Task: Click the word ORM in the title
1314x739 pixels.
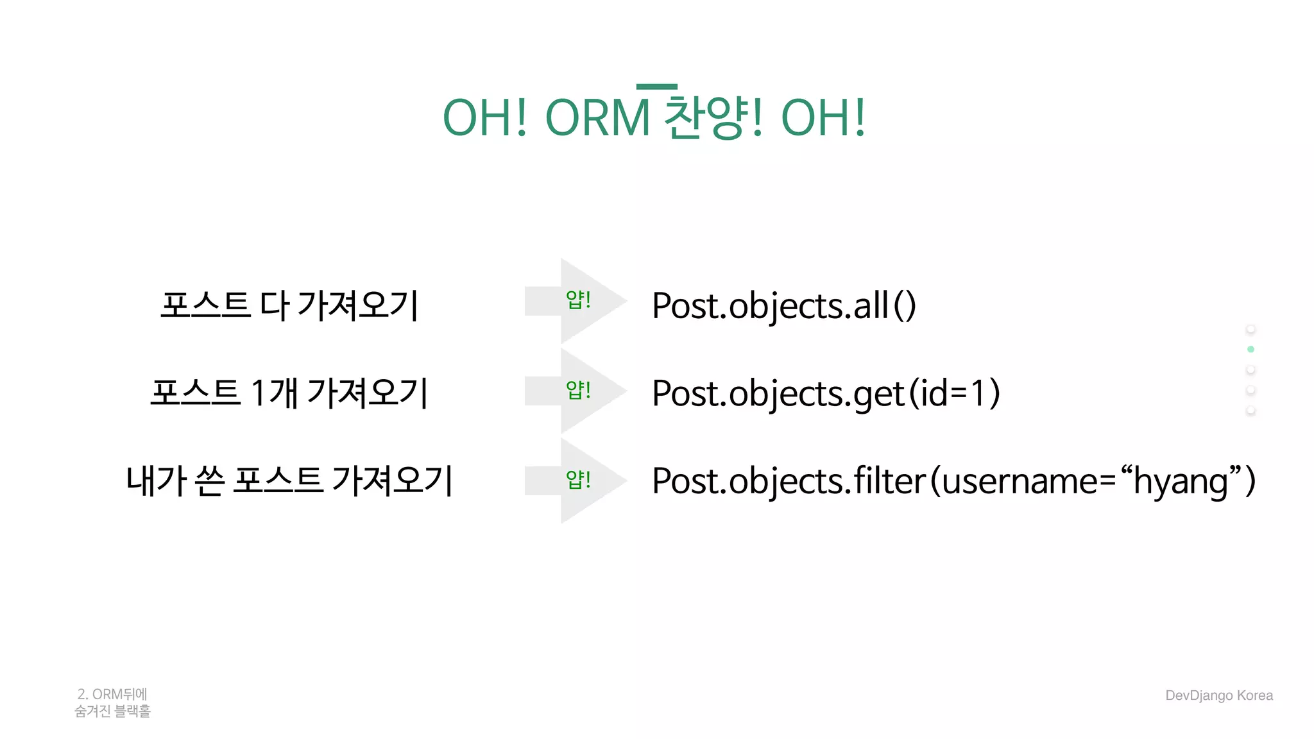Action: click(597, 119)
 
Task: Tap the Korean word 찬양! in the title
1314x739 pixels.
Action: click(713, 119)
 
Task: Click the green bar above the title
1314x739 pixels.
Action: click(656, 87)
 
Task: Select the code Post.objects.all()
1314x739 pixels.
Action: click(783, 305)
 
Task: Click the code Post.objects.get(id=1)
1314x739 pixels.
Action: click(826, 393)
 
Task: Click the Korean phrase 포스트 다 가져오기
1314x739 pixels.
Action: click(289, 305)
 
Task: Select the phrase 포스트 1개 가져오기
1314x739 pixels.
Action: click(289, 393)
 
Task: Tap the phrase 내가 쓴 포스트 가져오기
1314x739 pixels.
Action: click(289, 480)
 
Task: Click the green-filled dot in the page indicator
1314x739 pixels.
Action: click(1250, 349)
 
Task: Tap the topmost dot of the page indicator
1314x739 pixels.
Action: click(1250, 329)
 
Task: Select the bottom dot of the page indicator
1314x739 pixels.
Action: click(1250, 410)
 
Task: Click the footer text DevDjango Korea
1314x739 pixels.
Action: click(1218, 695)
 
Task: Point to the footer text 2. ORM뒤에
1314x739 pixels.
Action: click(112, 694)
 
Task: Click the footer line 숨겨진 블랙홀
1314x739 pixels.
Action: click(112, 711)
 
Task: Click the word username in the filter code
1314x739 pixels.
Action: click(1020, 482)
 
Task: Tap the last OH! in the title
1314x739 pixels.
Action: click(823, 119)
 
